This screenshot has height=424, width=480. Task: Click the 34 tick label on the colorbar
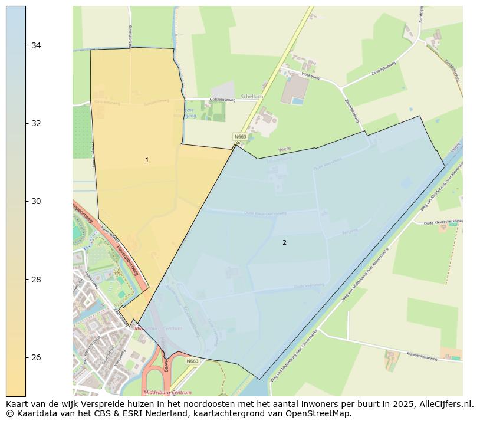[x=36, y=45]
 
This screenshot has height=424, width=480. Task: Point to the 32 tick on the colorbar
[x=36, y=123]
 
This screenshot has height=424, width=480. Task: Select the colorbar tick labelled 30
[x=36, y=201]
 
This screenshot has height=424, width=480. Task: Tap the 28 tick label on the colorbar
[x=36, y=279]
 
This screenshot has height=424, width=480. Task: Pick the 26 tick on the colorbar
[x=36, y=357]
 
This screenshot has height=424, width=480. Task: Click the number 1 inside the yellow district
[x=147, y=160]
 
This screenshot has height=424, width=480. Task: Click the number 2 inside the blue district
[x=284, y=242]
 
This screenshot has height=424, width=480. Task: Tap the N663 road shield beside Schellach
[x=240, y=137]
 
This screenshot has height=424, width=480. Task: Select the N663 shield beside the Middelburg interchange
[x=192, y=361]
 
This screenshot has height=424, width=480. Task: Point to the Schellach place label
[x=252, y=97]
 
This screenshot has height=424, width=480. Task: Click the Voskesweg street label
[x=310, y=75]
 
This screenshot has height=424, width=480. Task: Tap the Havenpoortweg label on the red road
[x=127, y=260]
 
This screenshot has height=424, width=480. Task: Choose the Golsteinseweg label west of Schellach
[x=223, y=100]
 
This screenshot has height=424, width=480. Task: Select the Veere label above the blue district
[x=285, y=150]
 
